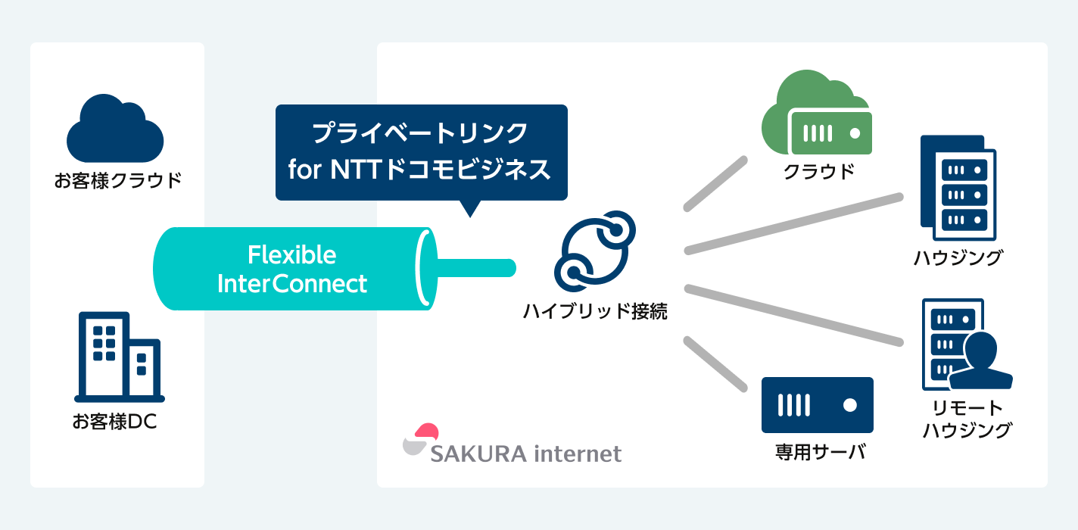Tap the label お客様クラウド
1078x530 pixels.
(118, 181)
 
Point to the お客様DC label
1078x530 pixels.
(115, 422)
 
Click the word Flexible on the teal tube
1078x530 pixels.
(291, 255)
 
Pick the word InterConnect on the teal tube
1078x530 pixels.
(291, 284)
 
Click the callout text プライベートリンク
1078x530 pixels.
(420, 134)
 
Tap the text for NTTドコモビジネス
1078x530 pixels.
(420, 170)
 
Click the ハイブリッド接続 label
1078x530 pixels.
(595, 311)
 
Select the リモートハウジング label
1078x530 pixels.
(967, 419)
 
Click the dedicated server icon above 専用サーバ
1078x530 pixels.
(818, 404)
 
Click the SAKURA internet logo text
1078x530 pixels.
(525, 454)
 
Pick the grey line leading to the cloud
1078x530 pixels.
(715, 183)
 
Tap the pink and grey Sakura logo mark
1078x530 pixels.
(420, 440)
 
